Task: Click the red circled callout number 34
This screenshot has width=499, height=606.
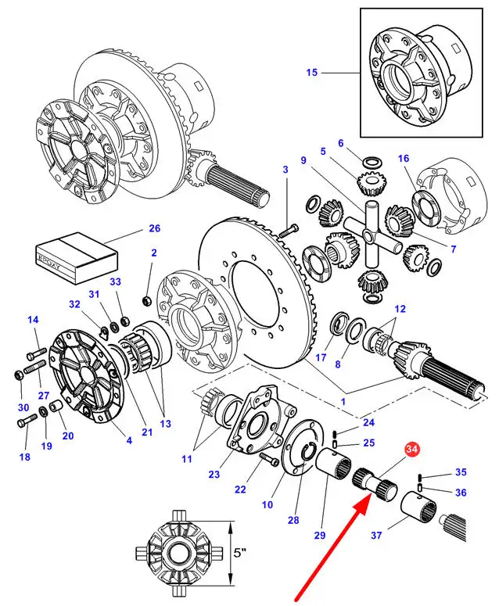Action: (x=412, y=449)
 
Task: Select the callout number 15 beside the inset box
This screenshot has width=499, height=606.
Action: (x=312, y=73)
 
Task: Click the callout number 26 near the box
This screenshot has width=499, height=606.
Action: (x=155, y=229)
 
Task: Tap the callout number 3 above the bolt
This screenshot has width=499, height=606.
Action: (x=285, y=170)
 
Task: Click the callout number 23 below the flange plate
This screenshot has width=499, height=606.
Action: (x=214, y=474)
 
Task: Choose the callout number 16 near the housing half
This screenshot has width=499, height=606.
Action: (x=404, y=159)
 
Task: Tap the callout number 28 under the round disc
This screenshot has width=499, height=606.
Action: (x=293, y=520)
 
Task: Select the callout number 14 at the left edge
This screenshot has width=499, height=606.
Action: (x=33, y=320)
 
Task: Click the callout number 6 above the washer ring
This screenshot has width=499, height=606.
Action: (x=341, y=143)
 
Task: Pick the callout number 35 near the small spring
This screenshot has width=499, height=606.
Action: (x=461, y=472)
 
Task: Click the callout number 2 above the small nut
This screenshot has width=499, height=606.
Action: (x=154, y=253)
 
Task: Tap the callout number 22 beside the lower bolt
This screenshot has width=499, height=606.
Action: (x=239, y=489)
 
